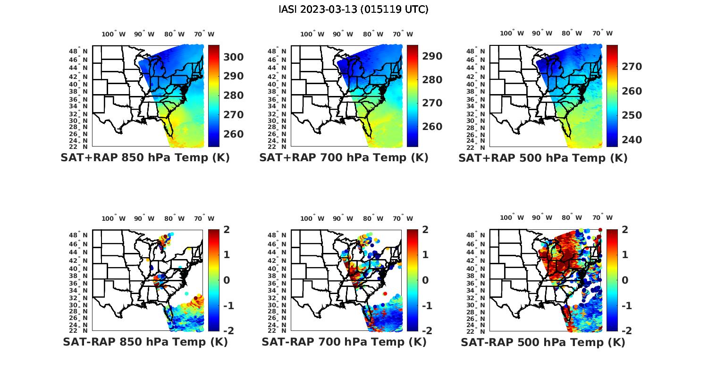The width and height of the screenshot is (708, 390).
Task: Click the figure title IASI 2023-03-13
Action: [354, 9]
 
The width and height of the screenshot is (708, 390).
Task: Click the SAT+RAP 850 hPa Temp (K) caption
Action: [145, 158]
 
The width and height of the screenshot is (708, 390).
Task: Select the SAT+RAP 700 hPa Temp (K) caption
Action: [344, 158]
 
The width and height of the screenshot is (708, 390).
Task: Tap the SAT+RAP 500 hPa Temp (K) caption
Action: [543, 158]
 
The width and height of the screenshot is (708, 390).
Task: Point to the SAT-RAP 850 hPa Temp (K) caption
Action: [145, 342]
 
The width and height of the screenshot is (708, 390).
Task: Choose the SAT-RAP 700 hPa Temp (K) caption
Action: [344, 342]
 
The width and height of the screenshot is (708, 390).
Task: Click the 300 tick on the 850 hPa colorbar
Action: [233, 57]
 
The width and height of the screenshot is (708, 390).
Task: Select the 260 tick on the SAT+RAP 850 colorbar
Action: [233, 134]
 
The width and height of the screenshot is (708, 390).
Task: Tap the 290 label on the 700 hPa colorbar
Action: [432, 56]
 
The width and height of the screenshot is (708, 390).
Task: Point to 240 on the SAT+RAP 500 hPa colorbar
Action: [632, 140]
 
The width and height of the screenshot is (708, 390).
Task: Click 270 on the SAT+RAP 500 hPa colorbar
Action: [632, 67]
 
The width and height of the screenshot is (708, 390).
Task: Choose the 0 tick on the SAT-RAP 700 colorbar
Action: [425, 280]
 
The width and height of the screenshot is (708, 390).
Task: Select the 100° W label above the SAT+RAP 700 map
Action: [312, 34]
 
